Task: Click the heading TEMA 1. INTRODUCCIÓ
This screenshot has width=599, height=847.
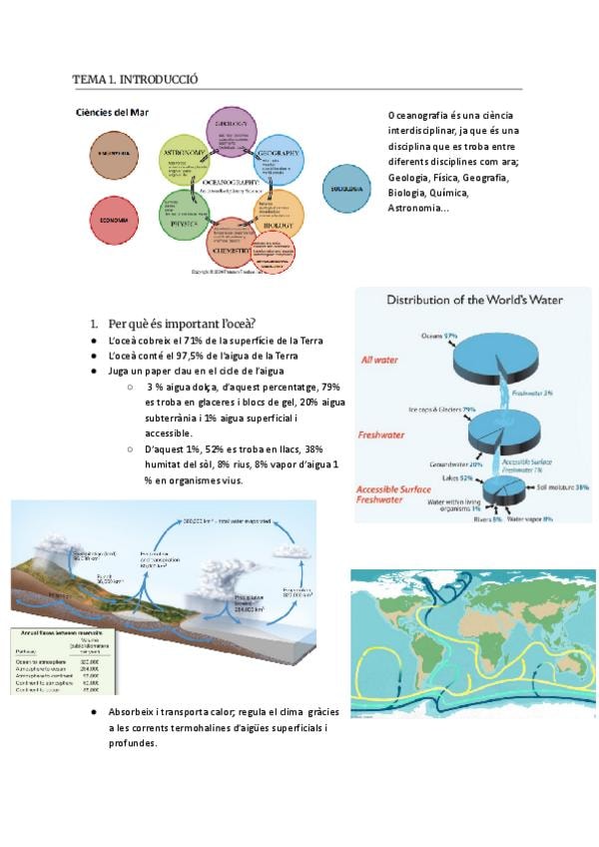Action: (x=135, y=78)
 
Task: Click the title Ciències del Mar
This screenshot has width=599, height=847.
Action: (x=112, y=112)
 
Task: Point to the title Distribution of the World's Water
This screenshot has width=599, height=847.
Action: (x=474, y=300)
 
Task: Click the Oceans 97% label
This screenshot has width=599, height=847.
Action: (x=438, y=335)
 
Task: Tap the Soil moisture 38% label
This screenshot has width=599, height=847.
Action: (x=562, y=486)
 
